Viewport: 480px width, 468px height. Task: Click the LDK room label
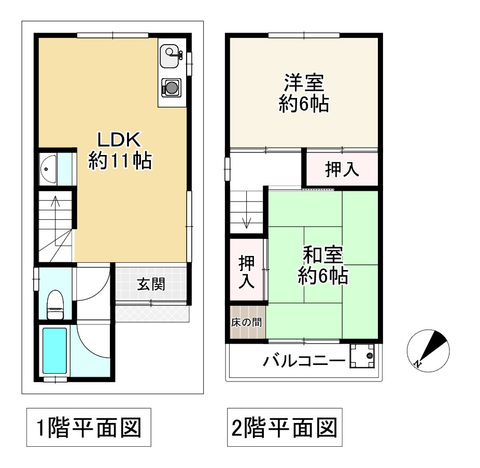coord(120,150)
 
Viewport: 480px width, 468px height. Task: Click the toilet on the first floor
coord(54,305)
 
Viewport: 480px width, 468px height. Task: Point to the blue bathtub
coord(54,350)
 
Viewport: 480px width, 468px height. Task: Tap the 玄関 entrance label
coord(151,284)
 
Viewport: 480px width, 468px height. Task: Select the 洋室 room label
coord(303,93)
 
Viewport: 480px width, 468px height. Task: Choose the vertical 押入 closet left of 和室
coord(247,272)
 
